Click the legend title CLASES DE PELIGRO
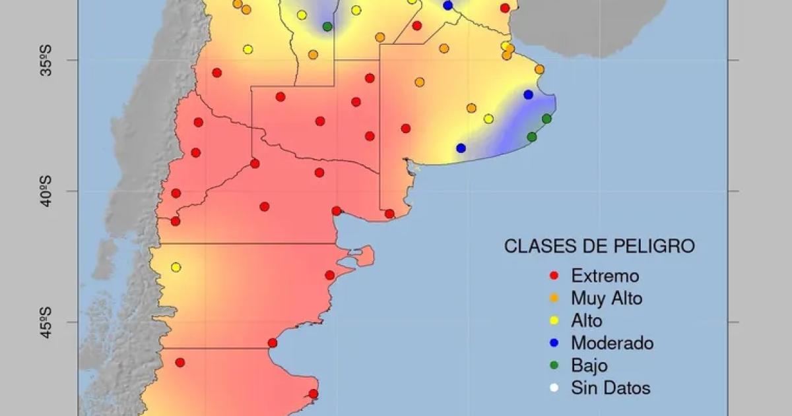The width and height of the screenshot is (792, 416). [x=599, y=247]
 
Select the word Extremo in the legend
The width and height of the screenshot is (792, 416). [x=605, y=276]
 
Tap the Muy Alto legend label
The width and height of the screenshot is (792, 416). [x=607, y=298]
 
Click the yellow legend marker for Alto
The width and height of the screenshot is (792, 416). [x=554, y=321]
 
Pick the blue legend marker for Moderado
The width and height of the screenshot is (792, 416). [x=554, y=343]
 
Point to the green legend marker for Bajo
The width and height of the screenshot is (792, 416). [x=554, y=366]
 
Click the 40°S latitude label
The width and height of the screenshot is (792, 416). [x=46, y=191]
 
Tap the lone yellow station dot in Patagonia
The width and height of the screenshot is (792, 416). [x=176, y=267]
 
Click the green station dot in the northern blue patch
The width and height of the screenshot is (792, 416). [x=327, y=26]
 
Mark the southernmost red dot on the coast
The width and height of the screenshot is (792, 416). [x=313, y=394]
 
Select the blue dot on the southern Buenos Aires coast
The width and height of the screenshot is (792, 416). [x=461, y=148]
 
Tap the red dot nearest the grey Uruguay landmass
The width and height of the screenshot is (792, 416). [x=505, y=8]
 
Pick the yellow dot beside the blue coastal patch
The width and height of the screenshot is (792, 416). [x=488, y=119]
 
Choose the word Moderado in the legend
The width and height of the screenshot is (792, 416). [x=612, y=343]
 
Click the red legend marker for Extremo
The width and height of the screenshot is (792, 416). [x=554, y=276]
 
